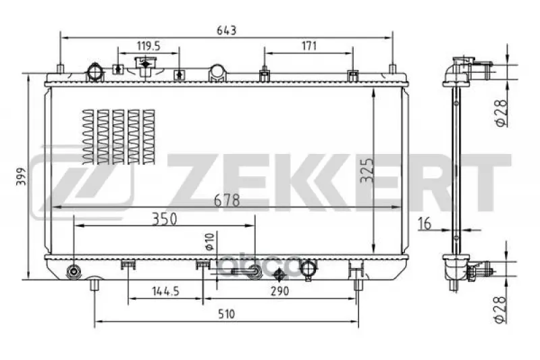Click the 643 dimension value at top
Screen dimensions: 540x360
tap(226, 30)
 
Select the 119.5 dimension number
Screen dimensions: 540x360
tap(148, 46)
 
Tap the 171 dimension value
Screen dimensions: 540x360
tap(309, 46)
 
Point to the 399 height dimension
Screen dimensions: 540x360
tap(22, 176)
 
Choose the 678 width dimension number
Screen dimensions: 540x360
tap(227, 200)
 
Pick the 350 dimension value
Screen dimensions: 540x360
tap(165, 219)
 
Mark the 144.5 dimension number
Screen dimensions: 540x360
tap(166, 292)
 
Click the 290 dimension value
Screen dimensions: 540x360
tap(279, 292)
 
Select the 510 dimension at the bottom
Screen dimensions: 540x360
tap(226, 314)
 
